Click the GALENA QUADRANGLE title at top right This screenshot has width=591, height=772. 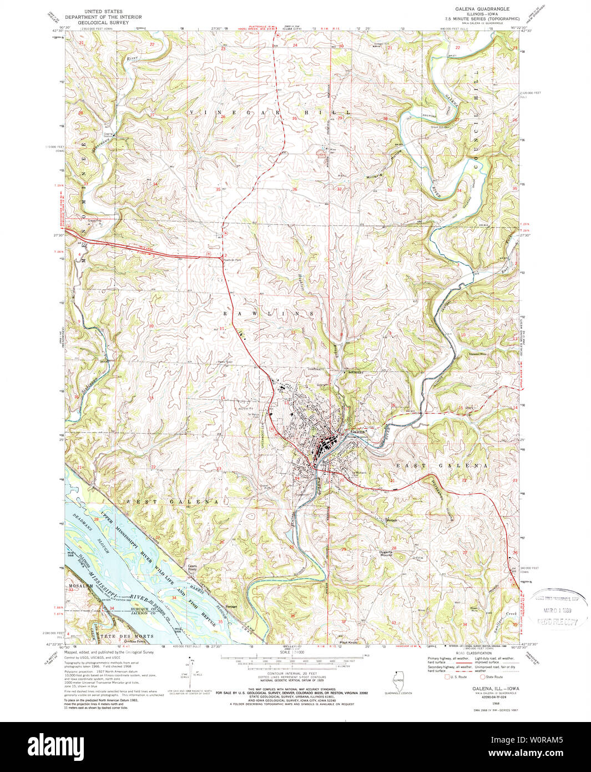474,9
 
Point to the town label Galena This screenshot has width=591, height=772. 357,431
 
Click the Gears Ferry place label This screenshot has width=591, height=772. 192,568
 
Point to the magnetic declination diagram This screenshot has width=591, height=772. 193,674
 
